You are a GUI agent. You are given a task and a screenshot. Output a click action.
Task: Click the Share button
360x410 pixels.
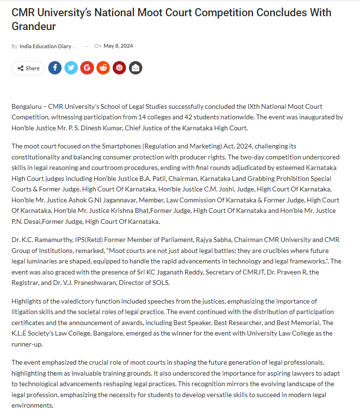28,68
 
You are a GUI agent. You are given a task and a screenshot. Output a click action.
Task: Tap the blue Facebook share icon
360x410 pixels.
55,68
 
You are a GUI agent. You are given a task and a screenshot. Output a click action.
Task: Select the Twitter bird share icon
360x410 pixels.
71,68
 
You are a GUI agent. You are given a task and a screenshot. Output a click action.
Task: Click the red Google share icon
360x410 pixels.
87,68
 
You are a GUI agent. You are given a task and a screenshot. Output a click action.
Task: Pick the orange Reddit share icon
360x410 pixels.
103,68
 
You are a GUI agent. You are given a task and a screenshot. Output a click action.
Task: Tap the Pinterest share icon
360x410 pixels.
119,68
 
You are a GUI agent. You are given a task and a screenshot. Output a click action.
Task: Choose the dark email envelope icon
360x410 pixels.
136,68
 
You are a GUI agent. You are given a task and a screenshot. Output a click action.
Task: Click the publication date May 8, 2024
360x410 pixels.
118,46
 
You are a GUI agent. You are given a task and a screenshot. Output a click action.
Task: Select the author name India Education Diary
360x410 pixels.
48,46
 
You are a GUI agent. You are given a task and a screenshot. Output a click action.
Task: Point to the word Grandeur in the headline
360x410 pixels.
34,26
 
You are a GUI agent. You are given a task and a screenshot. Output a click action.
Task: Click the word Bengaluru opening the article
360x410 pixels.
26,106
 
